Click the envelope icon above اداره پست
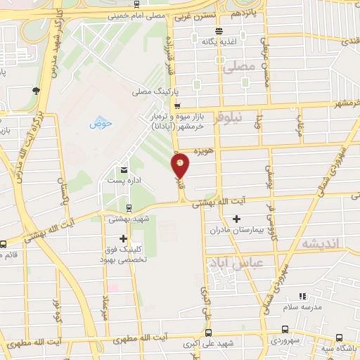click(124, 170)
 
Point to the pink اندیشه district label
click(320, 243)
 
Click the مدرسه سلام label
click(302, 307)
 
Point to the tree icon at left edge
click(35, 89)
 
